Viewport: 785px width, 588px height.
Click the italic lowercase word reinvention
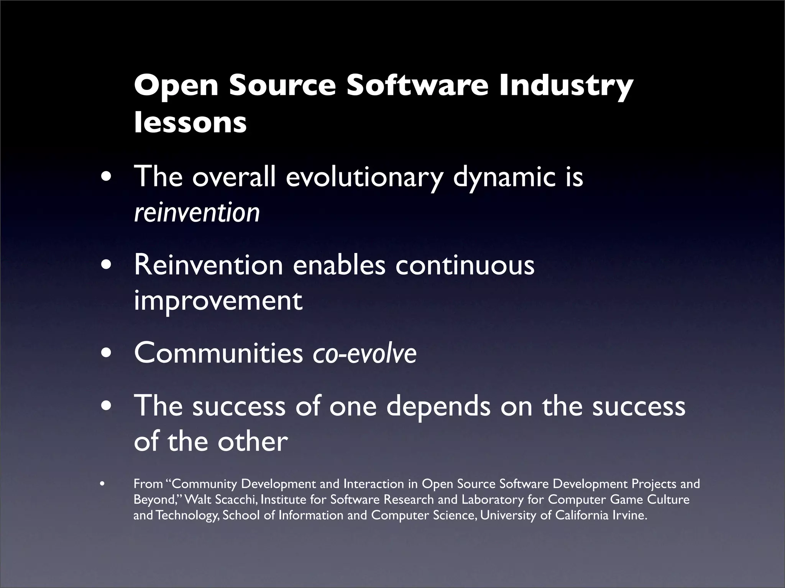197,213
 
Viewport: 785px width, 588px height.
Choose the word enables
339,266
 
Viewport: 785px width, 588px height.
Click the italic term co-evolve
365,354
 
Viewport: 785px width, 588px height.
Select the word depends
438,407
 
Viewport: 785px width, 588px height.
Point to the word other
253,442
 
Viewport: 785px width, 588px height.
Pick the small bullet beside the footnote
102,484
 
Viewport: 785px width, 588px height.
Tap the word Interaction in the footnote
374,484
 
